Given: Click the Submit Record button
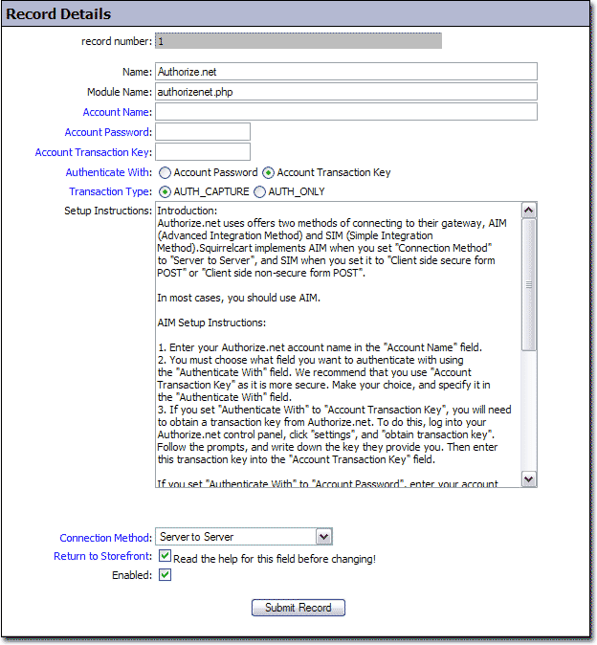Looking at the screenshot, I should tap(298, 608).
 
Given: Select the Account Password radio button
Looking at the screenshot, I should tap(165, 173).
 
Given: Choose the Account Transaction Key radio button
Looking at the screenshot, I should tap(268, 173).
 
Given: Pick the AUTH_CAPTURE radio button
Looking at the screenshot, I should tap(165, 191).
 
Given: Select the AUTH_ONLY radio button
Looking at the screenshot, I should tap(259, 191).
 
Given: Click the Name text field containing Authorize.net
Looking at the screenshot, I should tap(345, 72).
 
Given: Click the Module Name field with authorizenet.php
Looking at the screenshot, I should tap(345, 92).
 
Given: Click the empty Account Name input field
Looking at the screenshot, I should tap(345, 112).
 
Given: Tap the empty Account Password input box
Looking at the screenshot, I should tap(203, 132).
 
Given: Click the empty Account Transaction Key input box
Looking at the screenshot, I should tap(203, 152).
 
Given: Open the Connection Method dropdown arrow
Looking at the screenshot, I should tap(323, 537).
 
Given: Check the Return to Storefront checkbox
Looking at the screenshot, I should tap(165, 556).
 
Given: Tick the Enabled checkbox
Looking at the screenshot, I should tap(165, 575).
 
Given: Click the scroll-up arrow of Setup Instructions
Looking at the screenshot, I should tap(529, 210).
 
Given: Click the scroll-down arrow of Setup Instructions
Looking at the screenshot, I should tap(529, 478).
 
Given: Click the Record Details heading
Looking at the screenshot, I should tap(58, 14).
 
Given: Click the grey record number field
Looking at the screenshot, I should tap(298, 42).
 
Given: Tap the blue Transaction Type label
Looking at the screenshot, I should tap(110, 191).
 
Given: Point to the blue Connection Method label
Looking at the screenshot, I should tap(105, 538).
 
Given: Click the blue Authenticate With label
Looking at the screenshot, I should tap(108, 173).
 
